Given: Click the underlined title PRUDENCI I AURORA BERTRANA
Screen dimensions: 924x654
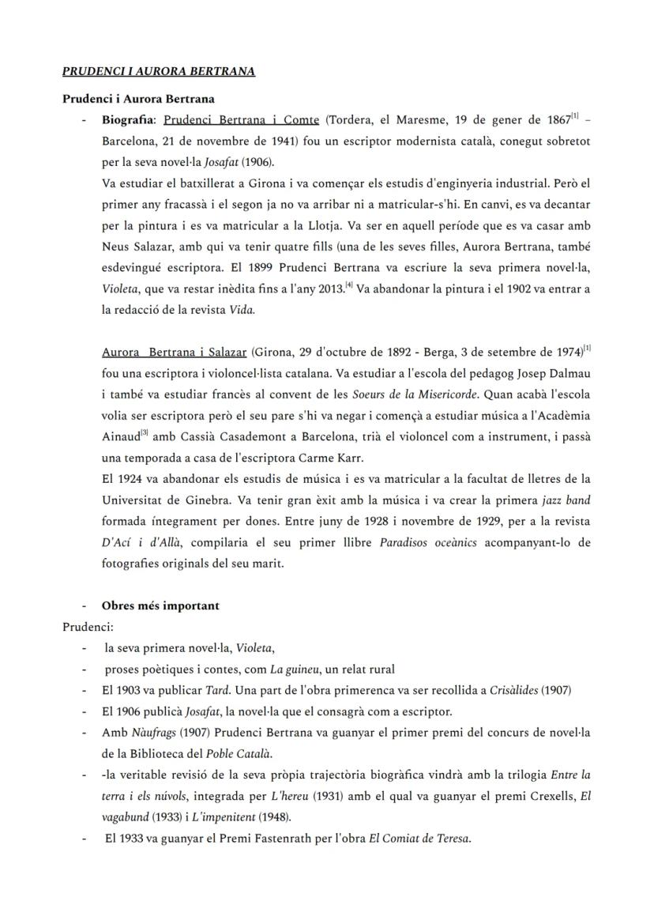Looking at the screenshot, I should (x=159, y=72).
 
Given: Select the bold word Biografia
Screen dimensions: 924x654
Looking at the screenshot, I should (x=129, y=121).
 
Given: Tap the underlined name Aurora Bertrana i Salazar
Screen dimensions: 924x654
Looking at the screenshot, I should (x=175, y=352).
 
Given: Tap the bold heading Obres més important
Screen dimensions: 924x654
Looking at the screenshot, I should (x=160, y=606).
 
